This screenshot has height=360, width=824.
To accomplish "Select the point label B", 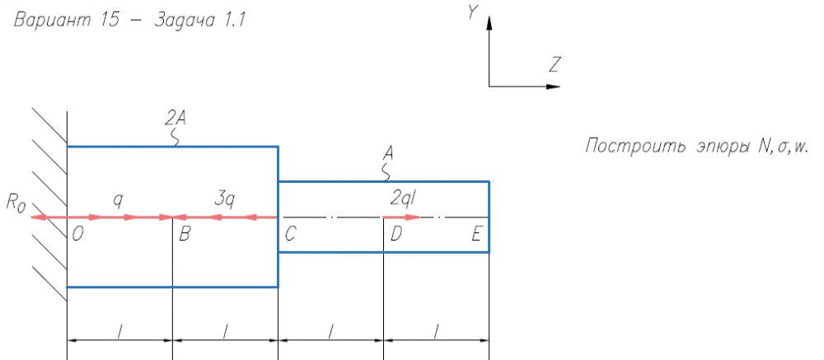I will (x=185, y=234).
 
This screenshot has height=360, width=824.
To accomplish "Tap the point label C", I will (x=290, y=234).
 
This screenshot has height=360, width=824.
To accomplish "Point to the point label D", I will (x=396, y=234).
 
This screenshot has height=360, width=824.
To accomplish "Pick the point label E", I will (x=476, y=234).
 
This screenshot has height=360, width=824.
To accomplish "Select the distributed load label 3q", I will (x=225, y=198).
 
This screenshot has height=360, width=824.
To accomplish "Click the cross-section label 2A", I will (x=175, y=118).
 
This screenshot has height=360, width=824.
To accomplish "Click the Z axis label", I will (x=556, y=63).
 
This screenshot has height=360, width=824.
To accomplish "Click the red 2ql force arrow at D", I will (x=402, y=217).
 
